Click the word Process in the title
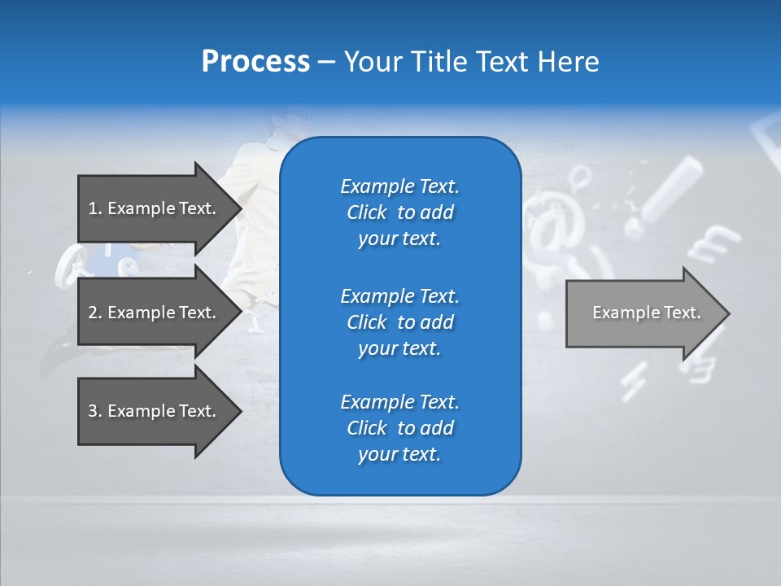[x=255, y=62]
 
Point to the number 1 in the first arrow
[x=93, y=208]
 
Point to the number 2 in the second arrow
[x=93, y=313]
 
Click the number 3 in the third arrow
[x=93, y=411]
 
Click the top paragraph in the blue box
[x=399, y=212]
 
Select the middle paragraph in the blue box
[x=399, y=322]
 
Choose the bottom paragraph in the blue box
[x=399, y=428]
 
